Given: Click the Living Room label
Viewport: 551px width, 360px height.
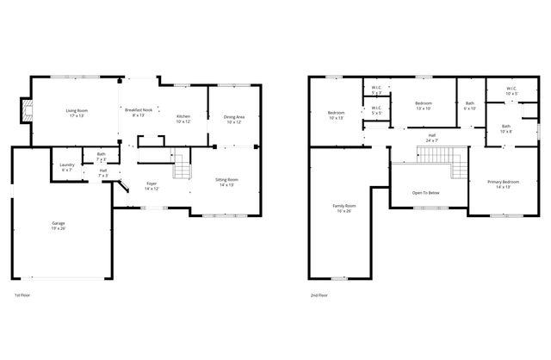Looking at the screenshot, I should tap(78, 113).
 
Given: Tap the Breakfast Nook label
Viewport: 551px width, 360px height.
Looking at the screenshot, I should tap(138, 113).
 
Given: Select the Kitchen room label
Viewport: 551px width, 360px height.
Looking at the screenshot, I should tap(183, 119).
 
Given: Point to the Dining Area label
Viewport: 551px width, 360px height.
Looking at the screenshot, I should tap(233, 120).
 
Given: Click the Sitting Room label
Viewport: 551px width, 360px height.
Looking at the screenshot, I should tap(226, 182).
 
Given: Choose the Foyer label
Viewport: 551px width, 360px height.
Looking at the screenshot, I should tap(151, 186).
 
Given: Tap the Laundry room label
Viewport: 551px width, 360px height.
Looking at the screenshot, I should tap(67, 166).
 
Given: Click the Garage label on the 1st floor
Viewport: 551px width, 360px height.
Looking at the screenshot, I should tap(57, 227).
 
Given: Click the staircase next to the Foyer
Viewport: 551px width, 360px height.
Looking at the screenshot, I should tap(181, 170).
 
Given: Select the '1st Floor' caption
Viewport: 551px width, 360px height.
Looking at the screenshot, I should tap(24, 295).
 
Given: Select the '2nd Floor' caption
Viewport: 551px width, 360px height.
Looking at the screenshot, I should tap(319, 295).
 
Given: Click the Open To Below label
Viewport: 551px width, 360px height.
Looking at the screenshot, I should tap(426, 192).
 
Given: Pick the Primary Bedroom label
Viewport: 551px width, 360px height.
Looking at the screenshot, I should tap(503, 184).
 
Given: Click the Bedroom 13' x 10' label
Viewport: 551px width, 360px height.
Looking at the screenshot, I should tap(423, 106).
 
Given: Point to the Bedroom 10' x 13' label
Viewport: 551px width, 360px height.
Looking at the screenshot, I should tap(336, 115).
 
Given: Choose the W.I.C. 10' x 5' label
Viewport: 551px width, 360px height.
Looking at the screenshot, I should tap(511, 90).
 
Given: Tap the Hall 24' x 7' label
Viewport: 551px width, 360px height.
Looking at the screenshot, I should tap(431, 138).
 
